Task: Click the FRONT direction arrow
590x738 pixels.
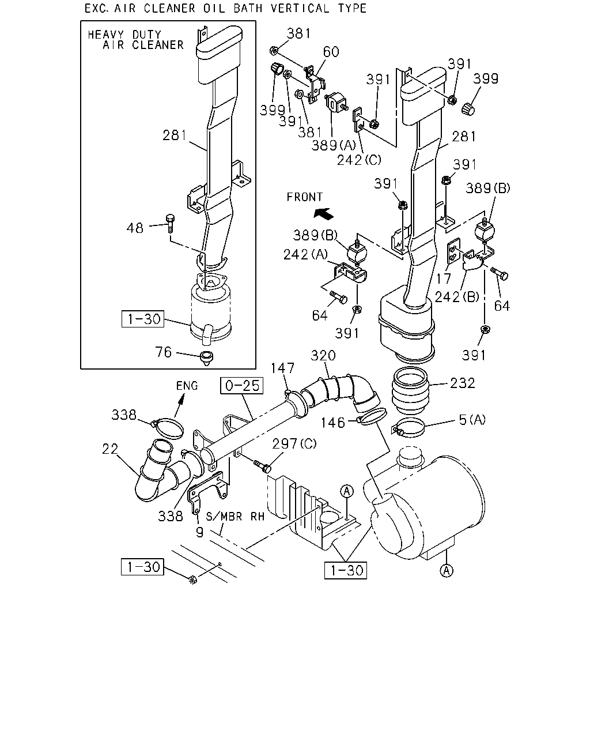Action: point(323,214)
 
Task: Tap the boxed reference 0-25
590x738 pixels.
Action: point(242,386)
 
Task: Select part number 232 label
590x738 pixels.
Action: point(463,383)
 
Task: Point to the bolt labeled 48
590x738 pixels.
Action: point(170,223)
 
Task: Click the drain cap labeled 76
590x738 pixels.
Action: point(206,358)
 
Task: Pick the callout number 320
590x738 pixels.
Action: point(323,355)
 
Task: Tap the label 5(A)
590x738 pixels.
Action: point(472,419)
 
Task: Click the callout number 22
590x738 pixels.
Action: point(110,449)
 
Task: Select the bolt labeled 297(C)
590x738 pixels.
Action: point(262,466)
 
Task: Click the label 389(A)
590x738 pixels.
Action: point(334,145)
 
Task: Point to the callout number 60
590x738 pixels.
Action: point(331,52)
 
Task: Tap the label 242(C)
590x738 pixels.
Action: point(359,160)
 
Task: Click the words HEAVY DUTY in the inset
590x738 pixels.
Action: point(124,35)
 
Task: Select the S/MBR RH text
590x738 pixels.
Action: point(235,517)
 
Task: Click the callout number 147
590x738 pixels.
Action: point(282,368)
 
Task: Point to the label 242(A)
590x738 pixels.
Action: point(305,254)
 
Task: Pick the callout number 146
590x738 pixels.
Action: point(332,423)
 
